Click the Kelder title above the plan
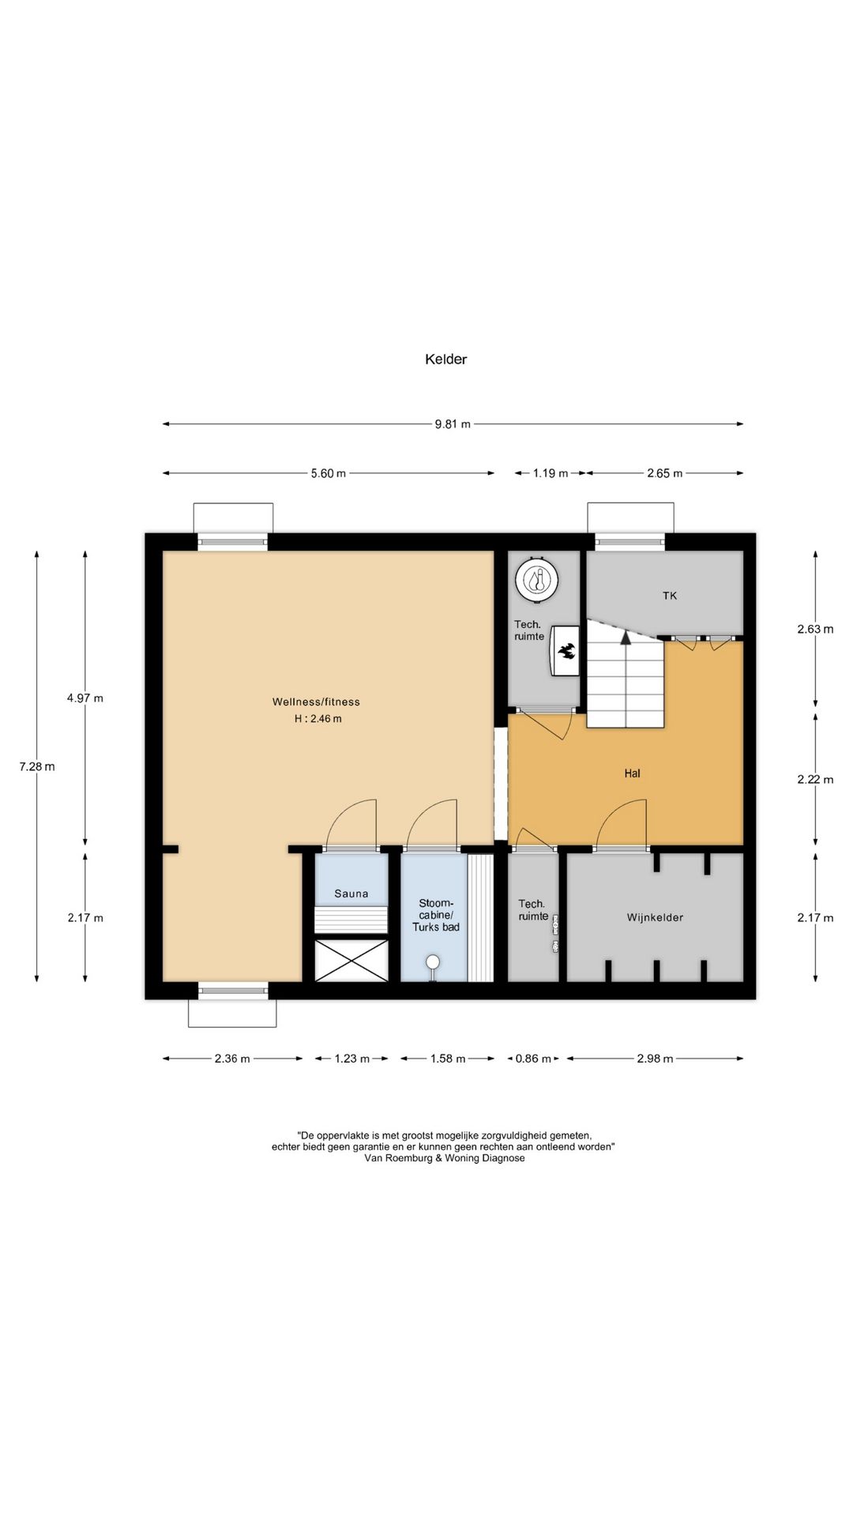(445, 359)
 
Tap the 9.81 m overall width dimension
(453, 424)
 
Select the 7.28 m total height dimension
(37, 766)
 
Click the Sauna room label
(351, 894)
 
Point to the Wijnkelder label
(655, 917)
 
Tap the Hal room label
(632, 774)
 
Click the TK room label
(670, 596)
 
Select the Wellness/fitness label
(316, 702)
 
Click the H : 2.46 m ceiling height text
(318, 719)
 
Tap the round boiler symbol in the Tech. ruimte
(538, 579)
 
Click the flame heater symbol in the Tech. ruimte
(566, 651)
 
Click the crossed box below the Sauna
(351, 960)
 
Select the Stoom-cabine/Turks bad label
(435, 915)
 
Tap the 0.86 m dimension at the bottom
(533, 1059)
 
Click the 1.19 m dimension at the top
(551, 473)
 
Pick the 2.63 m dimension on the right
(815, 630)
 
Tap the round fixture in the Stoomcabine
(433, 962)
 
